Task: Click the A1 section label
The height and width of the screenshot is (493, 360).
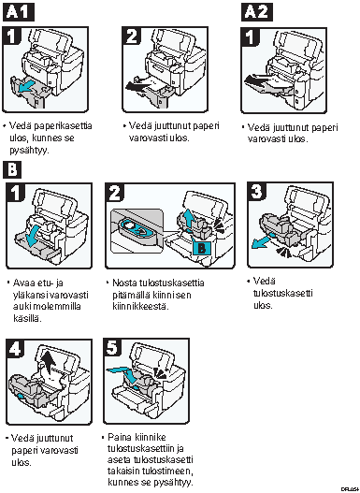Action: point(18,12)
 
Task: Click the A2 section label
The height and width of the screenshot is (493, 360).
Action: point(257,12)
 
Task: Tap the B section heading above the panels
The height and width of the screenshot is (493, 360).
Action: point(12,170)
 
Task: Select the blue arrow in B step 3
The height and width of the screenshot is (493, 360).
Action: point(262,242)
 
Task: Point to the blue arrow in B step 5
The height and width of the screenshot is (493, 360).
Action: point(124,373)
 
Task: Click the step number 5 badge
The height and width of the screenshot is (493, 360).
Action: point(112,348)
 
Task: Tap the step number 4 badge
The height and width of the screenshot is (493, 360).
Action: point(15,348)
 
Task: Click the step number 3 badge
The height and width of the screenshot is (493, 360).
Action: point(257,191)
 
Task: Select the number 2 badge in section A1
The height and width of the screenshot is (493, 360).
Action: point(131,36)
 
